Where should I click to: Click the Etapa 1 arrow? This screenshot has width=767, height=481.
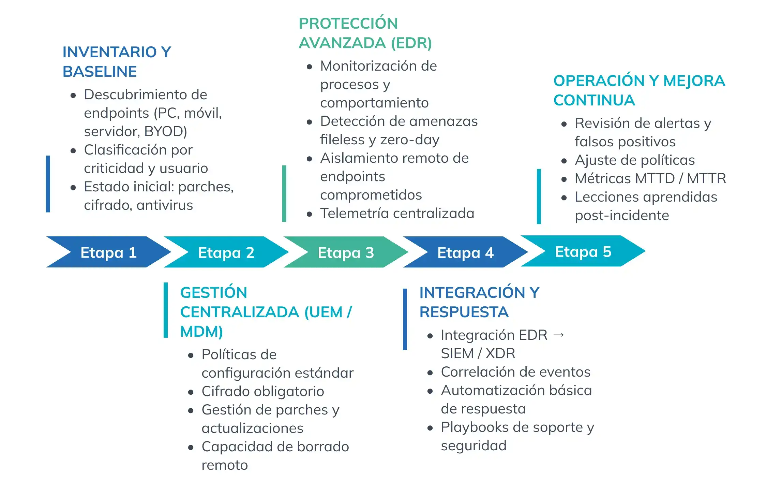tap(108, 252)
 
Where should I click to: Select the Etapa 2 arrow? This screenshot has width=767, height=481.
tap(226, 252)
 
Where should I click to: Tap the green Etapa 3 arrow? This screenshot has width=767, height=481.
tap(346, 252)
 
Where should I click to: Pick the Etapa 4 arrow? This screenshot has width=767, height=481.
tap(465, 252)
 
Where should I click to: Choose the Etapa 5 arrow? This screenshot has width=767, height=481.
tap(583, 251)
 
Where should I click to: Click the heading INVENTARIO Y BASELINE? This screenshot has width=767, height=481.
tap(117, 62)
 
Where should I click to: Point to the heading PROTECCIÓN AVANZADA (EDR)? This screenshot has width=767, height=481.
tap(365, 33)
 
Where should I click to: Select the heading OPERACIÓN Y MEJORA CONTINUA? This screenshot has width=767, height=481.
tap(639, 90)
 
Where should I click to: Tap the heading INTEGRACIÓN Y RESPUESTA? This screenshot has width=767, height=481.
tap(479, 302)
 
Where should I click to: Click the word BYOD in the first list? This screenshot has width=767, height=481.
tap(166, 131)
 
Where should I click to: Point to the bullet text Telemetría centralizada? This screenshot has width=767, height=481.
tap(397, 213)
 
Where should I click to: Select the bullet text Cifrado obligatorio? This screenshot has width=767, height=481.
tap(262, 391)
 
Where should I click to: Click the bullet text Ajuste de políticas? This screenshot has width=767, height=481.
tap(634, 160)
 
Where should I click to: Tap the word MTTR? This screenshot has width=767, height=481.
tap(706, 178)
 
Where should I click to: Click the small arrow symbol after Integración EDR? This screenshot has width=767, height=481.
tap(558, 335)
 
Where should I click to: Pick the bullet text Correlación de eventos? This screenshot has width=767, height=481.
tap(515, 372)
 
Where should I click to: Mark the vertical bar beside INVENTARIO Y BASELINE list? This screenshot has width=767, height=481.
tap(48, 184)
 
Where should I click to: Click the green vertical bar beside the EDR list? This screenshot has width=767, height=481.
tap(284, 193)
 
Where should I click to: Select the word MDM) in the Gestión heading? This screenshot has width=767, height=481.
tap(201, 332)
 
